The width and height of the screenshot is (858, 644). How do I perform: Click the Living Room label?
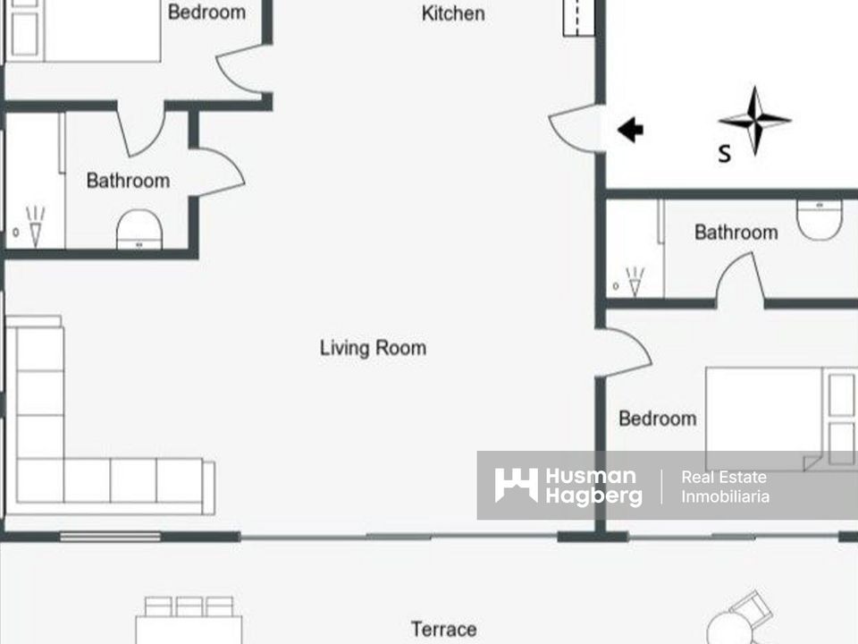tap(373, 348)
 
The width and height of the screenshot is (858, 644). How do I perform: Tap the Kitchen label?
tap(453, 13)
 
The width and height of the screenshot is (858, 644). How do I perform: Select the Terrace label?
tap(443, 629)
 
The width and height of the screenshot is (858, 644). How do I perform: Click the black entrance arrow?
tap(630, 130)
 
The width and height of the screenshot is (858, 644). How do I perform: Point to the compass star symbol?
tap(754, 121)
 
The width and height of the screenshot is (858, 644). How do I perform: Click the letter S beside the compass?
tap(725, 154)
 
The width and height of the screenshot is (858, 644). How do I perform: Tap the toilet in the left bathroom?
tap(139, 230)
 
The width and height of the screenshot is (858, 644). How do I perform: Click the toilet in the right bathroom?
tap(820, 220)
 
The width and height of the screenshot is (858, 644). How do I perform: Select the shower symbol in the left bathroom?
tap(35, 226)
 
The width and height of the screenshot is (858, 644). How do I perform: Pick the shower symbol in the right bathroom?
tap(635, 282)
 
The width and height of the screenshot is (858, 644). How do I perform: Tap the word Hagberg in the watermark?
tap(593, 496)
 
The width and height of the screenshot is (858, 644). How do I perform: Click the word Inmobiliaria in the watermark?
tap(725, 496)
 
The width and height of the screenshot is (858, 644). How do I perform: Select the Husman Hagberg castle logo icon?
tap(516, 485)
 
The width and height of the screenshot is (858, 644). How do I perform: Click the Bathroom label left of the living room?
tap(128, 181)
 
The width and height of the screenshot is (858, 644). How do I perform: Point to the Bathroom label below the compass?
tap(736, 233)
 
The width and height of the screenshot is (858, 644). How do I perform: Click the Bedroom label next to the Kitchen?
tap(206, 12)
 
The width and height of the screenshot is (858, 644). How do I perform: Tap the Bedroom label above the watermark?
tap(657, 419)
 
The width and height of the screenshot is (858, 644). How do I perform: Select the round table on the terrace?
tap(732, 629)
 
